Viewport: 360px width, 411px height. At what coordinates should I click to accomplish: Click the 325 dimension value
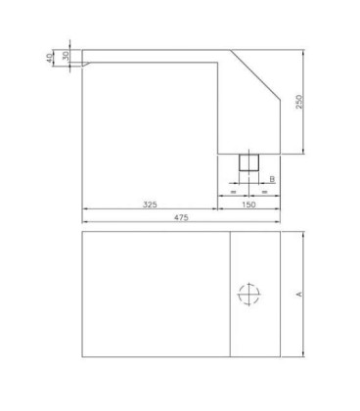(150, 205)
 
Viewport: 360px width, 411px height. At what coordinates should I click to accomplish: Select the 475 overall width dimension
(181, 217)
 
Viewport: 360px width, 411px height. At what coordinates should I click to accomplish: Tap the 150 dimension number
(248, 205)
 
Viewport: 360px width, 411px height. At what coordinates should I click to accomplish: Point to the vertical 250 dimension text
(299, 102)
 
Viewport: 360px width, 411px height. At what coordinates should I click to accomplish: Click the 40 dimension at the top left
(49, 59)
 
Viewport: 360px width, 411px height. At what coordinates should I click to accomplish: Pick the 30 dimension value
(66, 56)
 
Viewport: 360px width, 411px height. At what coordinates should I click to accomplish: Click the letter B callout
(272, 179)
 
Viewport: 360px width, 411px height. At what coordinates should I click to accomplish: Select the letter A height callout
(298, 295)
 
